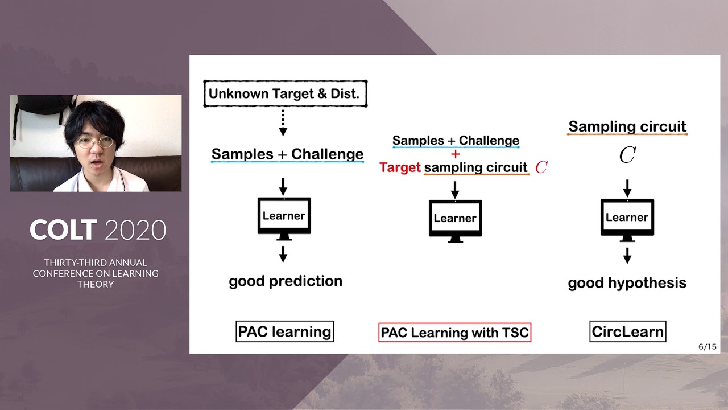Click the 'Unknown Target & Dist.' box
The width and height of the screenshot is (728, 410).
pyautogui.click(x=285, y=94)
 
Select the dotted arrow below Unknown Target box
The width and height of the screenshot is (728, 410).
pyautogui.click(x=283, y=123)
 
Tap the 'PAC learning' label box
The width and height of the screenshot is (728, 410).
pyautogui.click(x=284, y=331)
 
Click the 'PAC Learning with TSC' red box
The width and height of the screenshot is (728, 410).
pyautogui.click(x=454, y=333)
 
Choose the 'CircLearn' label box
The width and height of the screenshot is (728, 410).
pyautogui.click(x=627, y=331)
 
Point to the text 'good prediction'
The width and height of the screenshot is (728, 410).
pyautogui.click(x=286, y=281)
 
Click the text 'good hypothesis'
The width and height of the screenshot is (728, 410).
pyautogui.click(x=627, y=283)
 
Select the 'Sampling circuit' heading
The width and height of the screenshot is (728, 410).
pyautogui.click(x=627, y=126)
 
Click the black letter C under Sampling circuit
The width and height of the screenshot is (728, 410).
pyautogui.click(x=627, y=155)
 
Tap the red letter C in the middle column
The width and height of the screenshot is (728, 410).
pyautogui.click(x=541, y=167)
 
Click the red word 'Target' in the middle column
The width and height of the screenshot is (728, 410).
pyautogui.click(x=400, y=167)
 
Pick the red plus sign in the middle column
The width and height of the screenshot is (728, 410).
pyautogui.click(x=455, y=154)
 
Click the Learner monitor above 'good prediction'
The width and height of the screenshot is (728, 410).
pyautogui.click(x=284, y=216)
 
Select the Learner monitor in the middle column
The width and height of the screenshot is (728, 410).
pyautogui.click(x=455, y=219)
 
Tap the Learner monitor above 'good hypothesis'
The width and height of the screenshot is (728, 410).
pyautogui.click(x=627, y=218)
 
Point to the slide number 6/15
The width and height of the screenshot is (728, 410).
pyautogui.click(x=707, y=346)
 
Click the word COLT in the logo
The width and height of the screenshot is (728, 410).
pyautogui.click(x=63, y=230)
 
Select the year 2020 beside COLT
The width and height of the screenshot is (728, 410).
pyautogui.click(x=135, y=230)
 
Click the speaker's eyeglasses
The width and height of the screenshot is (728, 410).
pyautogui.click(x=94, y=142)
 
